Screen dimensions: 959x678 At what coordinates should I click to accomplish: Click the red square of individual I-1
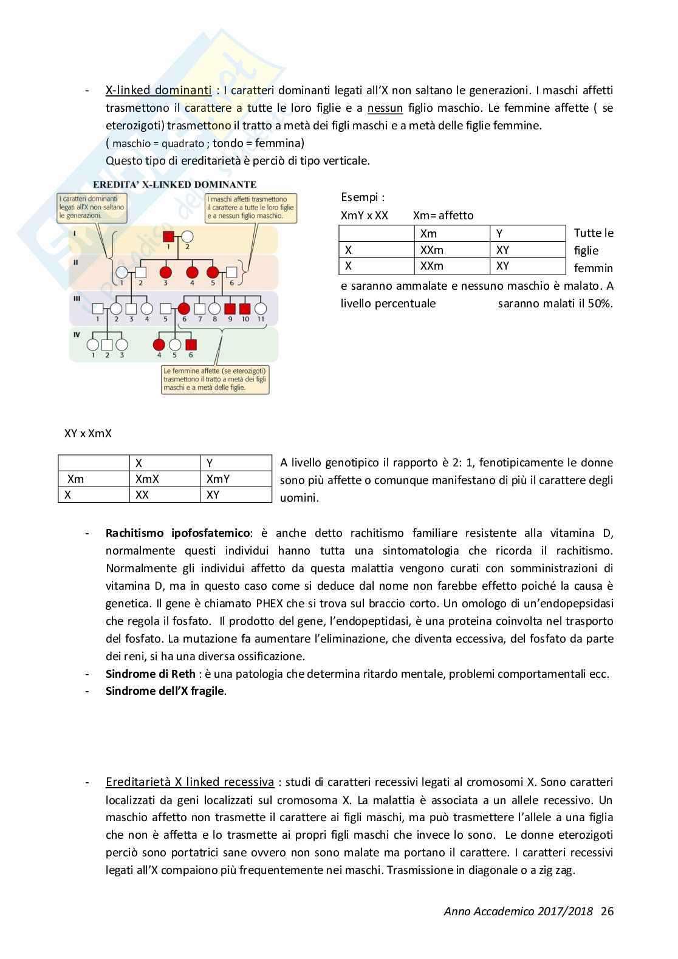pyautogui.click(x=169, y=237)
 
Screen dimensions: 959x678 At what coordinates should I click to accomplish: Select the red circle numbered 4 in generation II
pyautogui.click(x=193, y=272)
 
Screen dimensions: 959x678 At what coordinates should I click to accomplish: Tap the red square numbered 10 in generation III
pyautogui.click(x=245, y=309)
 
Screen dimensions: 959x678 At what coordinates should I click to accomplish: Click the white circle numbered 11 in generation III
pyautogui.click(x=261, y=309)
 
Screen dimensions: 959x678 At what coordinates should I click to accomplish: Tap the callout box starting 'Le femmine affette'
pyautogui.click(x=215, y=379)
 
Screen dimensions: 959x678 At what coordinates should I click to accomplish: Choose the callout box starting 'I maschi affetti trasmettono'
pyautogui.click(x=252, y=207)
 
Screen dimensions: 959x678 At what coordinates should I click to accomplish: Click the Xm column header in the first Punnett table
pyautogui.click(x=428, y=233)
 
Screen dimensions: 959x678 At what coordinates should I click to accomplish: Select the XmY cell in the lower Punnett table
pyautogui.click(x=218, y=479)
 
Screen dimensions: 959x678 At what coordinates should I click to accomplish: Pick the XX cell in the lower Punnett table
pyautogui.click(x=142, y=495)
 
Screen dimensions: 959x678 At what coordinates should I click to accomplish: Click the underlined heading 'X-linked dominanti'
pyautogui.click(x=158, y=90)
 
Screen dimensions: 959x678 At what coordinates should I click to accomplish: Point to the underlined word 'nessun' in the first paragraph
pyautogui.click(x=385, y=108)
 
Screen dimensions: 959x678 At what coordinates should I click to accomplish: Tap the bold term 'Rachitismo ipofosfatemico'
pyautogui.click(x=177, y=533)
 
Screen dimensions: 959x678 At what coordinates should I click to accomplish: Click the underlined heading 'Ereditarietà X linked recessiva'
pyautogui.click(x=189, y=782)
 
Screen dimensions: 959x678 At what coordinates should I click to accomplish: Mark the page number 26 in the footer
pyautogui.click(x=607, y=911)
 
